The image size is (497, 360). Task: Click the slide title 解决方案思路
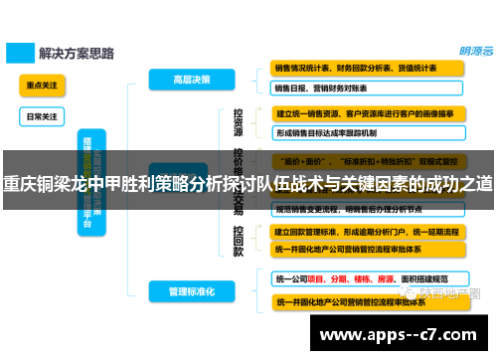click(x=76, y=51)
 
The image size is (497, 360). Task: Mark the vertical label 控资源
click(x=239, y=122)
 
